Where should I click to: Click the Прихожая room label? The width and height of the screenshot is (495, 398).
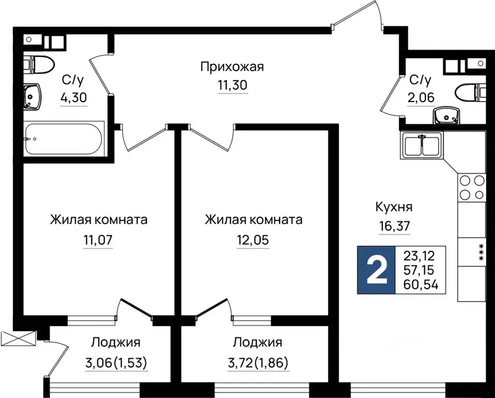232,67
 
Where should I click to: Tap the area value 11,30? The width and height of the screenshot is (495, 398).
232,85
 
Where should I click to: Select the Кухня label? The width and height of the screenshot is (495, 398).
394,207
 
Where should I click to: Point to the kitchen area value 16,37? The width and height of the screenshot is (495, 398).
394,226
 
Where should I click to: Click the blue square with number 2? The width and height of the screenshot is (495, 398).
376,270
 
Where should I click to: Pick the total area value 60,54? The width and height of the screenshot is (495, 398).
420,283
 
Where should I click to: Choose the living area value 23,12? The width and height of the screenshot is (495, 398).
420,255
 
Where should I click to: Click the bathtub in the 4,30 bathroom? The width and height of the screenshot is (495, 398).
64,139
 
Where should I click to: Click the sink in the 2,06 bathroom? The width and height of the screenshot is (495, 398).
446,115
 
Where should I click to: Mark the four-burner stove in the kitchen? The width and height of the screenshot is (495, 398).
472,188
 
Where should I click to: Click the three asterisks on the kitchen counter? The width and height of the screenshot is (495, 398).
481,253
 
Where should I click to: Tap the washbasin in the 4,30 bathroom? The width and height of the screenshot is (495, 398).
33,97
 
